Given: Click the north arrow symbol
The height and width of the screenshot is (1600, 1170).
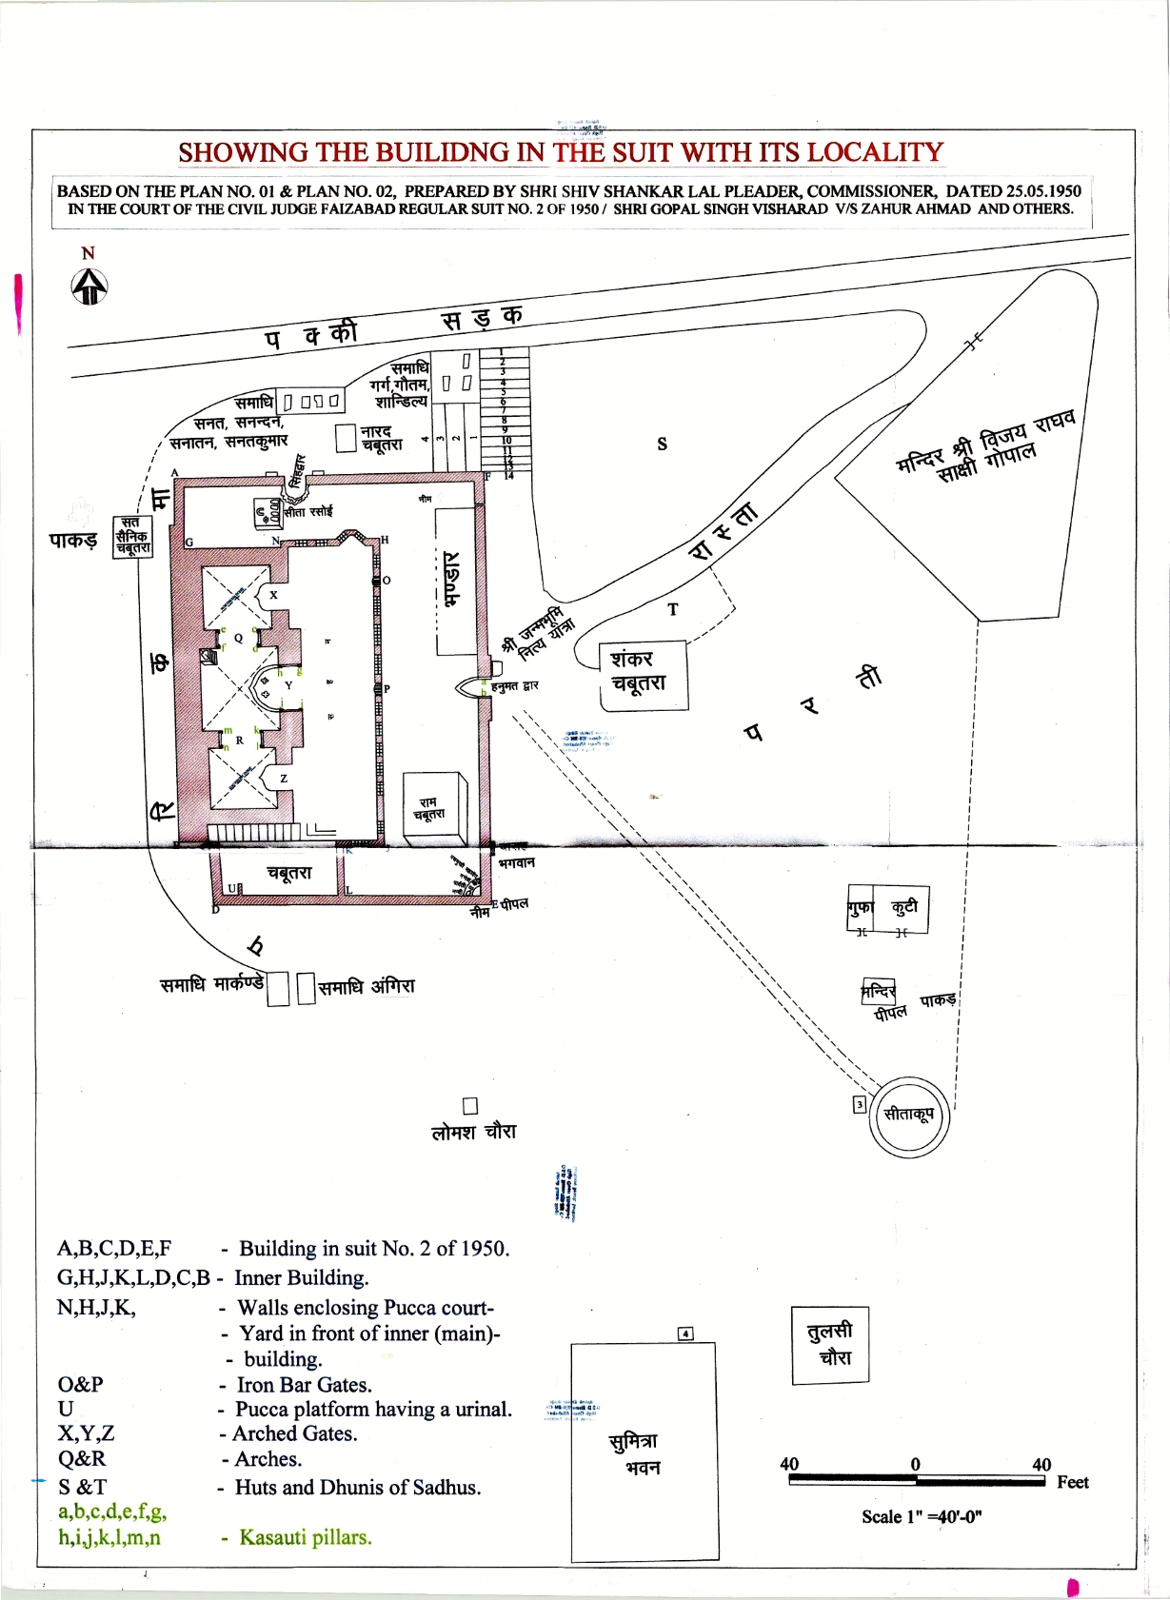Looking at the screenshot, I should point(89,286).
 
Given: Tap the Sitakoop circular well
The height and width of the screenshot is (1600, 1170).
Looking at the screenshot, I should point(908,1116).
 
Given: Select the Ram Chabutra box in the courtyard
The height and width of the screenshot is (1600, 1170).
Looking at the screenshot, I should point(433,807).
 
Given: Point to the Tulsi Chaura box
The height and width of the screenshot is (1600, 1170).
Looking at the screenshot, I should point(830,1344).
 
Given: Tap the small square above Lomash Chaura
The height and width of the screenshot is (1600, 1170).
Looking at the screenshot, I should point(469,1105).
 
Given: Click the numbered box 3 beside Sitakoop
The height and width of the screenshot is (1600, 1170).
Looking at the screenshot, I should point(860,1104).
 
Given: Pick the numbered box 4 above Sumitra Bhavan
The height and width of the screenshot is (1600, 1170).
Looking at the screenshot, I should point(685,1333).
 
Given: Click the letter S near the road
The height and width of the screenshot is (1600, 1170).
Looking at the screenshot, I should point(663,444).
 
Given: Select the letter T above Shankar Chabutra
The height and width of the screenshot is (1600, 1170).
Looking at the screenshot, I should point(673,609).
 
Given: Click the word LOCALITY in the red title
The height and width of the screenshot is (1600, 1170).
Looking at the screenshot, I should point(875,152).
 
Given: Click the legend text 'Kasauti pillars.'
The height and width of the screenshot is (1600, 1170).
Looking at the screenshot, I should point(305,1537).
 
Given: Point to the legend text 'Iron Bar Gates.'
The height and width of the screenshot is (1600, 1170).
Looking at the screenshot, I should point(304,1385).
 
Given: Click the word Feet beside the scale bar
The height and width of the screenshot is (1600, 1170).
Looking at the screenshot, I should point(1073,1482).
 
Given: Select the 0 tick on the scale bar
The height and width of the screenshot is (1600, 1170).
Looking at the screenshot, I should point(916,1465).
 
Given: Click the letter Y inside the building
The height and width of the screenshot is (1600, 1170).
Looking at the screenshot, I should point(288,685).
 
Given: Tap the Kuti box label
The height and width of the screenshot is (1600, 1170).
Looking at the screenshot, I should point(903,907).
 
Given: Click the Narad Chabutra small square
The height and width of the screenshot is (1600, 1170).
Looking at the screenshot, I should point(346,438).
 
